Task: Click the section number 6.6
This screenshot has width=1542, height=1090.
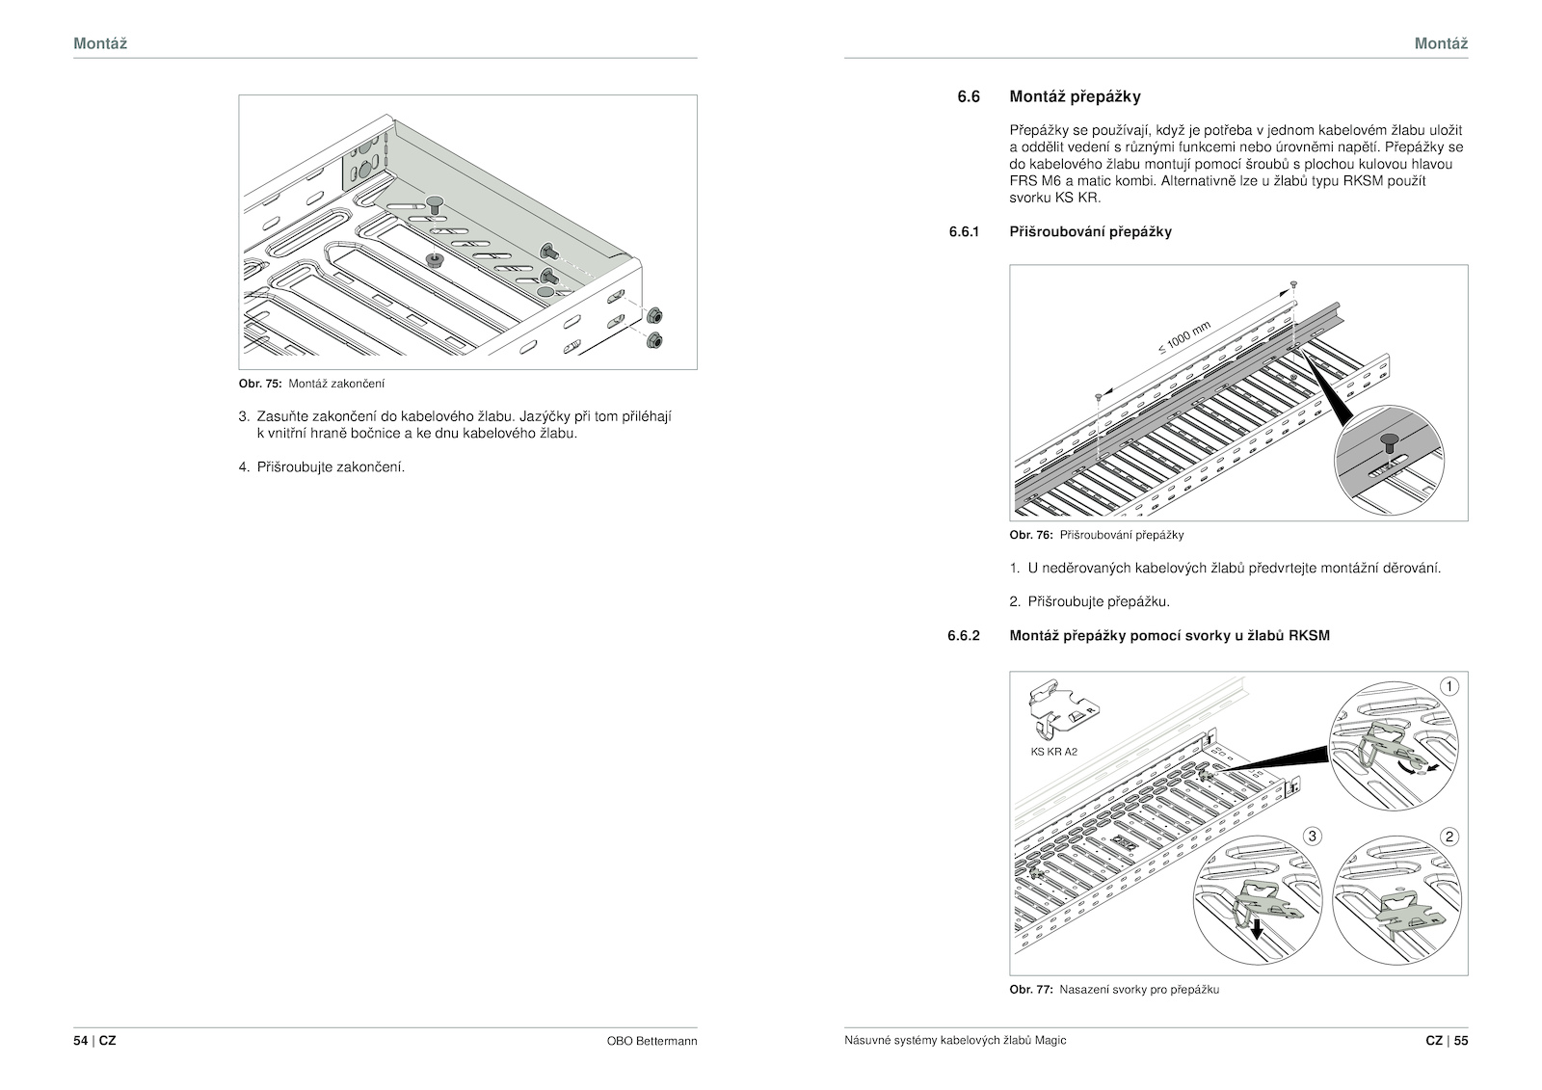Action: click(x=968, y=97)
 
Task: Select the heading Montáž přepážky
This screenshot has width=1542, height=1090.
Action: click(x=1075, y=97)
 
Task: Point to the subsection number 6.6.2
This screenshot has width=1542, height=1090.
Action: click(x=963, y=635)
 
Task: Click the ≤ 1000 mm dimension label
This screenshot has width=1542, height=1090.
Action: click(x=1184, y=337)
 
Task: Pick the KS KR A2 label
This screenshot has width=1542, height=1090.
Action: click(x=1054, y=752)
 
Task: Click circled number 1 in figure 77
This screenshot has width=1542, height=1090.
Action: click(x=1449, y=686)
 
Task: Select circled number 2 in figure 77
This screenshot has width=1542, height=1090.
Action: click(x=1449, y=837)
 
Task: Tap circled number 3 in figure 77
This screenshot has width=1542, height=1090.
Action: click(x=1312, y=836)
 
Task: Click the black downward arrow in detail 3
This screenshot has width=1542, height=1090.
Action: click(x=1257, y=928)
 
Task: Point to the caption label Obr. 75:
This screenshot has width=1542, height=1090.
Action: click(x=260, y=384)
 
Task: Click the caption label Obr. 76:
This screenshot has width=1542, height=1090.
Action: click(x=1031, y=535)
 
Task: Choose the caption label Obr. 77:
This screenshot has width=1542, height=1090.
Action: click(x=1031, y=990)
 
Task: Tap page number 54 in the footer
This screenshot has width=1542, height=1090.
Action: click(x=81, y=1041)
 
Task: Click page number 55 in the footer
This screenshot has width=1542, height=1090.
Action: click(x=1461, y=1041)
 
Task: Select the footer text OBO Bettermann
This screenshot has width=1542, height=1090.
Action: click(x=651, y=1041)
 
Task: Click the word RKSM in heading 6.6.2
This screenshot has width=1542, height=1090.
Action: click(x=1309, y=635)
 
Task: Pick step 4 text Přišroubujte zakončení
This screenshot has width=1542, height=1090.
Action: click(x=331, y=467)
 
